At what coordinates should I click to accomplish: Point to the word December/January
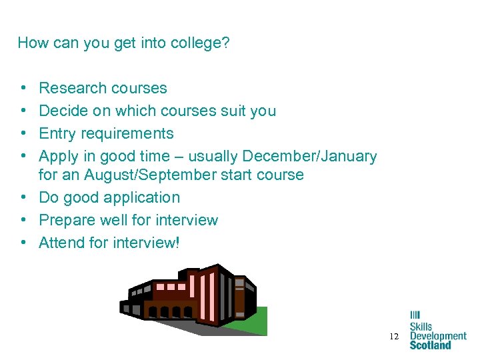click(309, 156)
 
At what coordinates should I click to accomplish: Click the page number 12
click(394, 337)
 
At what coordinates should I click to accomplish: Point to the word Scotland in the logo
click(430, 345)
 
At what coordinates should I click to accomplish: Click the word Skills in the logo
click(421, 327)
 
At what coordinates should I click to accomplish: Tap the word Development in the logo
click(438, 336)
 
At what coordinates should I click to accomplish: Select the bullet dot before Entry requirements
click(23, 134)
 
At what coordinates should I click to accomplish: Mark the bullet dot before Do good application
click(23, 198)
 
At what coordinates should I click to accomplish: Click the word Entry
click(57, 134)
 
